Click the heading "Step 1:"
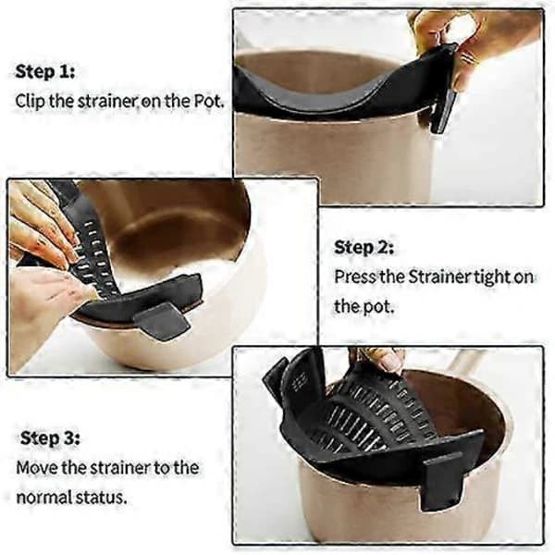click(x=45, y=72)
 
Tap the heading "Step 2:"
click(x=364, y=247)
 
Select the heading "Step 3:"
click(x=50, y=438)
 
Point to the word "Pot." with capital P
click(x=210, y=101)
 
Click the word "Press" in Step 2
click(x=355, y=276)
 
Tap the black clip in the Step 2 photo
click(x=163, y=321)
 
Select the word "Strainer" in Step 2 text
click(x=439, y=276)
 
